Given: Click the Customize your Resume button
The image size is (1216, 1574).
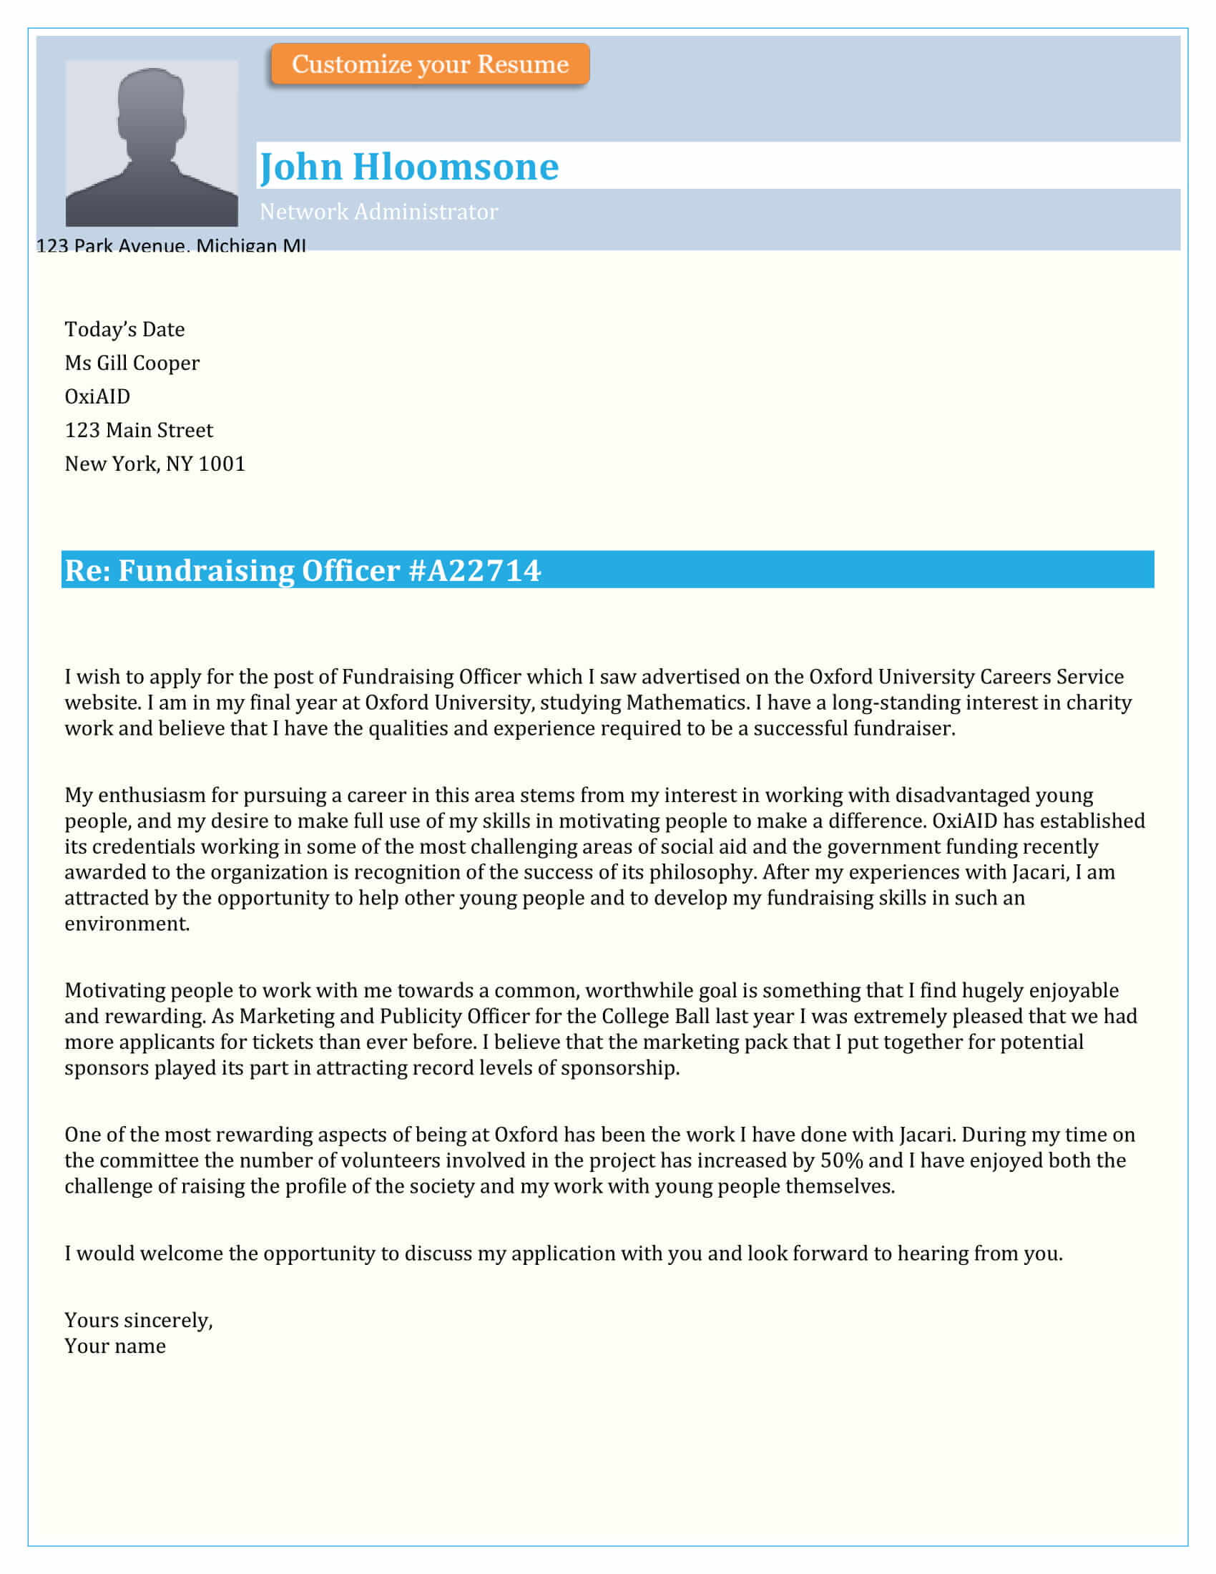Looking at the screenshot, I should [x=430, y=64].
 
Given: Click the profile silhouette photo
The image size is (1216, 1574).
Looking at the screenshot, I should [x=151, y=143].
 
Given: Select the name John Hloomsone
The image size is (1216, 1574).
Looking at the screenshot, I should [x=408, y=167].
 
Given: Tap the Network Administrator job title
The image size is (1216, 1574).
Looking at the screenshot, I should [x=378, y=212].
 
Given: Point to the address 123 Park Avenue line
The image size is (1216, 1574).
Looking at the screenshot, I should [x=171, y=245].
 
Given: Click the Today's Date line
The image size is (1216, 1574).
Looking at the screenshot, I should [x=124, y=329].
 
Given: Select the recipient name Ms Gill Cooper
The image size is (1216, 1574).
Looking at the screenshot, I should [x=132, y=363].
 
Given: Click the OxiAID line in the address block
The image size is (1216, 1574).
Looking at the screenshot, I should [x=97, y=396].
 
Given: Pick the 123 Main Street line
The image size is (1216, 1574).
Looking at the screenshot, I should [x=139, y=430].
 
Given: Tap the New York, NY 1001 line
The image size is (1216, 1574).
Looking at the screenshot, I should [x=155, y=464].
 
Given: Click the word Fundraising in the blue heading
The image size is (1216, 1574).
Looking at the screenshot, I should [x=207, y=571].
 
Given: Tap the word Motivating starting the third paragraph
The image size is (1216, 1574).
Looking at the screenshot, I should [x=114, y=990].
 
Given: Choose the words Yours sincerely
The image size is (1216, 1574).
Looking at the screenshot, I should [x=138, y=1320].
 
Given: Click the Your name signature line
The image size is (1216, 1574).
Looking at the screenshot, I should [x=115, y=1346].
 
